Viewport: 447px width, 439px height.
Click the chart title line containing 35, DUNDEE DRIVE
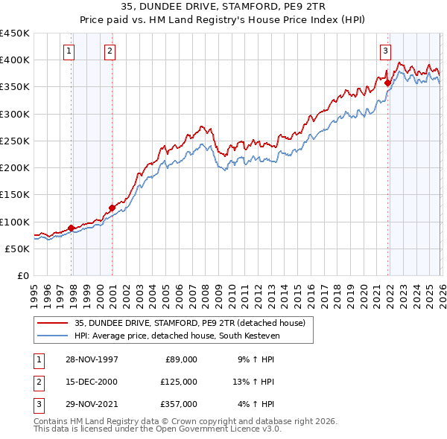[x=223, y=7]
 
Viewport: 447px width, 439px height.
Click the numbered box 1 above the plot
[x=69, y=51]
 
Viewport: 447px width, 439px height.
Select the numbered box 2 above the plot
[x=110, y=51]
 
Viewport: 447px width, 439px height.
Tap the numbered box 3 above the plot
[x=385, y=51]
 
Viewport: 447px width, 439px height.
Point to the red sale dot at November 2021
[x=388, y=83]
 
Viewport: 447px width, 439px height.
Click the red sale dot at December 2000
[x=112, y=208]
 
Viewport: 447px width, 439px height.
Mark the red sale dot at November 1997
[x=72, y=228]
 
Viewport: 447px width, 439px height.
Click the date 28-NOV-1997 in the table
[x=92, y=359]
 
